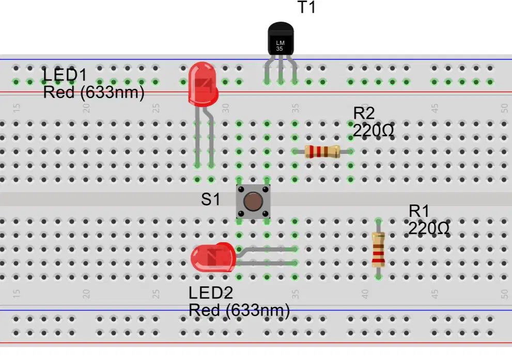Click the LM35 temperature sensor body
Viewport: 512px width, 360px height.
click(x=281, y=39)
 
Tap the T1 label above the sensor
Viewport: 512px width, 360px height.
click(x=306, y=7)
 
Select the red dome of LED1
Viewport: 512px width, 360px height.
click(x=203, y=84)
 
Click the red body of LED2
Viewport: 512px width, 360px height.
click(x=213, y=258)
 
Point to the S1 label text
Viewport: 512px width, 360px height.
click(x=211, y=199)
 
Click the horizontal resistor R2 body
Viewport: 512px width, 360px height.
click(x=322, y=152)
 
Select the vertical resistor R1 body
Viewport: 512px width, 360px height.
click(x=379, y=249)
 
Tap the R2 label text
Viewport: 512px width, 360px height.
click(x=364, y=113)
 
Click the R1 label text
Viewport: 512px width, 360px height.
click(x=419, y=211)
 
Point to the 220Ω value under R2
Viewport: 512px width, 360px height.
click(x=373, y=131)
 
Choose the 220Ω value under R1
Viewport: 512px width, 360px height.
click(x=428, y=228)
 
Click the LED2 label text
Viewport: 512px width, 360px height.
click(x=211, y=293)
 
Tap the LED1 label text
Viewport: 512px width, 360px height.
click(x=65, y=75)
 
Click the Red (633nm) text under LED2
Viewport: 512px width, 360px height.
click(x=239, y=310)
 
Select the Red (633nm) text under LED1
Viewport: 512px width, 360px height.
click(x=94, y=92)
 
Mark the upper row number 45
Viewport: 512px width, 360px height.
click(x=435, y=108)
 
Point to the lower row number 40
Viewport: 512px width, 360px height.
click(x=365, y=294)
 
